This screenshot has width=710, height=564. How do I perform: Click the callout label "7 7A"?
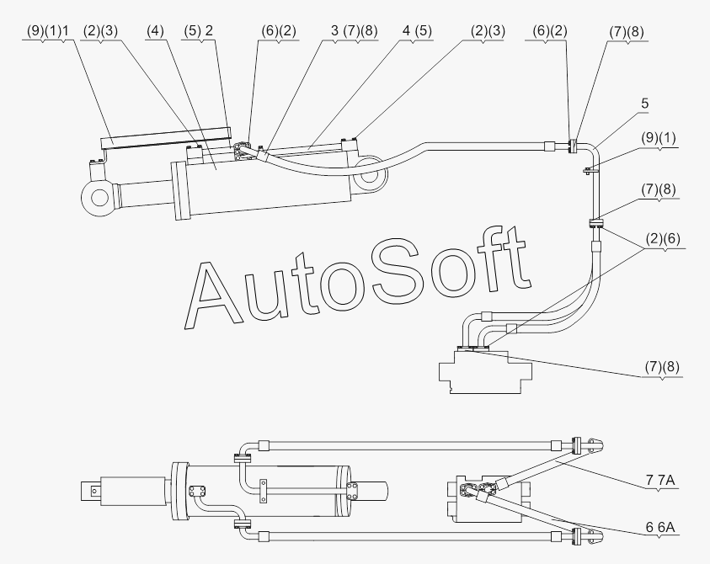click(x=660, y=480)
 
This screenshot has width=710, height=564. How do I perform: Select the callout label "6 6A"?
click(x=660, y=527)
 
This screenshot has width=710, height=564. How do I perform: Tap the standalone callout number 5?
click(x=645, y=104)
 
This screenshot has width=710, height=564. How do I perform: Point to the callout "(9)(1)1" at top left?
click(x=47, y=31)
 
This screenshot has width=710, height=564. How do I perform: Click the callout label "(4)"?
click(x=155, y=31)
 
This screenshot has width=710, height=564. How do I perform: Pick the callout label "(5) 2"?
click(x=198, y=31)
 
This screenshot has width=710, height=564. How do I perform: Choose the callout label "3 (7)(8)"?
click(x=354, y=31)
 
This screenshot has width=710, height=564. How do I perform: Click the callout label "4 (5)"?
click(x=417, y=31)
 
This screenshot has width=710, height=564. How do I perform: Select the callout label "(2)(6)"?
click(x=663, y=238)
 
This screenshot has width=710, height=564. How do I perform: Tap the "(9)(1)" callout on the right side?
click(x=659, y=137)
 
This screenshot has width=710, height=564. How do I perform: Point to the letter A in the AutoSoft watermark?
click(x=212, y=295)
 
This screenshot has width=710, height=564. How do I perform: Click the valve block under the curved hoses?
click(x=485, y=371)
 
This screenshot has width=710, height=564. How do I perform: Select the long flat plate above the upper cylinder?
click(x=166, y=138)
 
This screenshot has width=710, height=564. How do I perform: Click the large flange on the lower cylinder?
click(x=179, y=492)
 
